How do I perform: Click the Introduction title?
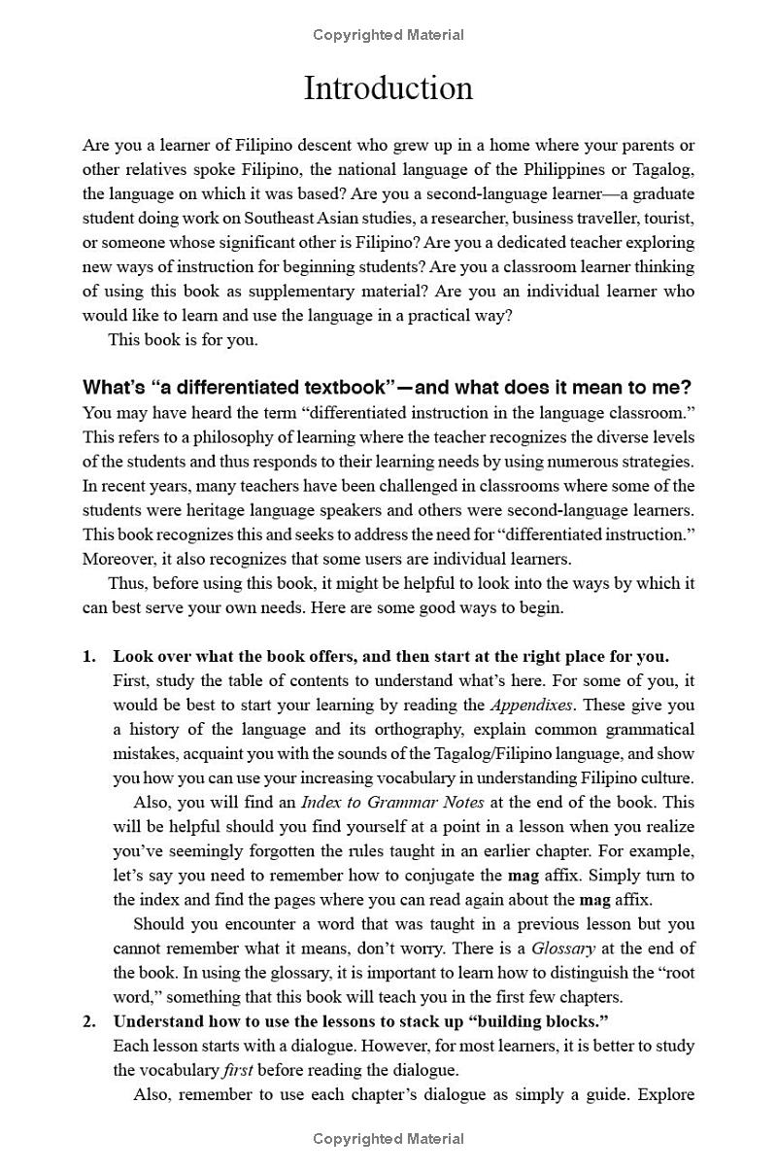point(388,88)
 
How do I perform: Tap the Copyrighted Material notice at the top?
point(388,35)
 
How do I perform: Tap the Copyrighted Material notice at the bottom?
point(388,1139)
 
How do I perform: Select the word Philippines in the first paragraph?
point(583,170)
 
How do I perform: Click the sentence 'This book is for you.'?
point(183,340)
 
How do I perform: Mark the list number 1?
point(89,656)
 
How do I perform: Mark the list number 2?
point(89,1021)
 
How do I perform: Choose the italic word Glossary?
point(563,948)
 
